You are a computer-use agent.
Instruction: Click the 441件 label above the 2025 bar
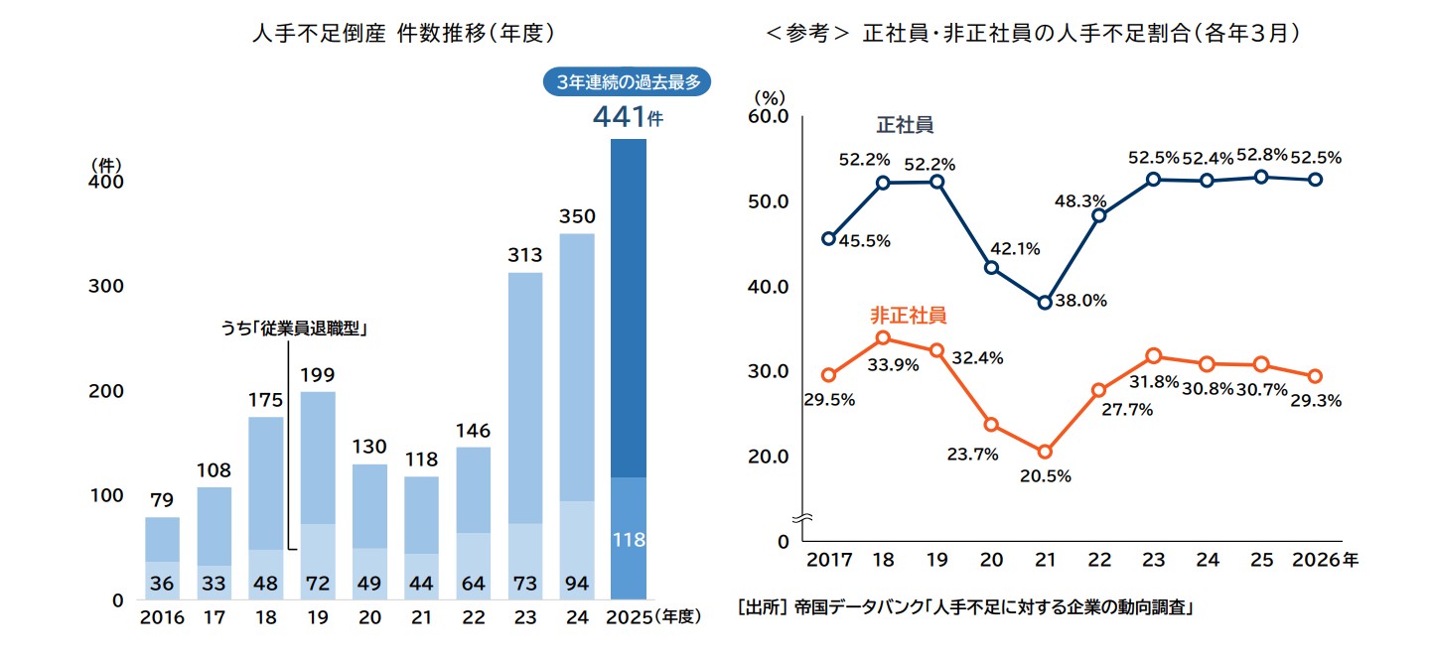click(x=627, y=117)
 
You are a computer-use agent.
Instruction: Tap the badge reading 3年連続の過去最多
click(x=629, y=82)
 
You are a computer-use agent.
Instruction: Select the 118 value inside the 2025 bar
click(x=629, y=541)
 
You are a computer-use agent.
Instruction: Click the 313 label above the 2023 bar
click(x=524, y=256)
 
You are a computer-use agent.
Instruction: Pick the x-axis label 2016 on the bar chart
click(x=162, y=617)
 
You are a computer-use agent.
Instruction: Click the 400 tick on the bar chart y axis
click(x=106, y=184)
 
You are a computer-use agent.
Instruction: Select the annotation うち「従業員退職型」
click(x=294, y=329)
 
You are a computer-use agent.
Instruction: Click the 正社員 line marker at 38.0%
click(x=1045, y=303)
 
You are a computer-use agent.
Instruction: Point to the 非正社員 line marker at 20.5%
click(x=1045, y=453)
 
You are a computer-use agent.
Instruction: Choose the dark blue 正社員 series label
click(x=904, y=126)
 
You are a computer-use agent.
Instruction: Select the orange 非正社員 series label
click(x=908, y=316)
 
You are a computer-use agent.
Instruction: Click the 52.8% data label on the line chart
click(x=1261, y=155)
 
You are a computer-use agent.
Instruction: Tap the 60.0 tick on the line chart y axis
click(x=767, y=117)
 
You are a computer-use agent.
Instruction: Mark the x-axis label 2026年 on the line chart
click(x=1325, y=560)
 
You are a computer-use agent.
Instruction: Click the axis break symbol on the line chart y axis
click(x=806, y=518)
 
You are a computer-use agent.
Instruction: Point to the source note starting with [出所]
click(x=964, y=606)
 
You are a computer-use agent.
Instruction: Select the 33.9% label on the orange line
click(x=892, y=364)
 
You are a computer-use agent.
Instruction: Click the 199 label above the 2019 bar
click(x=317, y=375)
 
